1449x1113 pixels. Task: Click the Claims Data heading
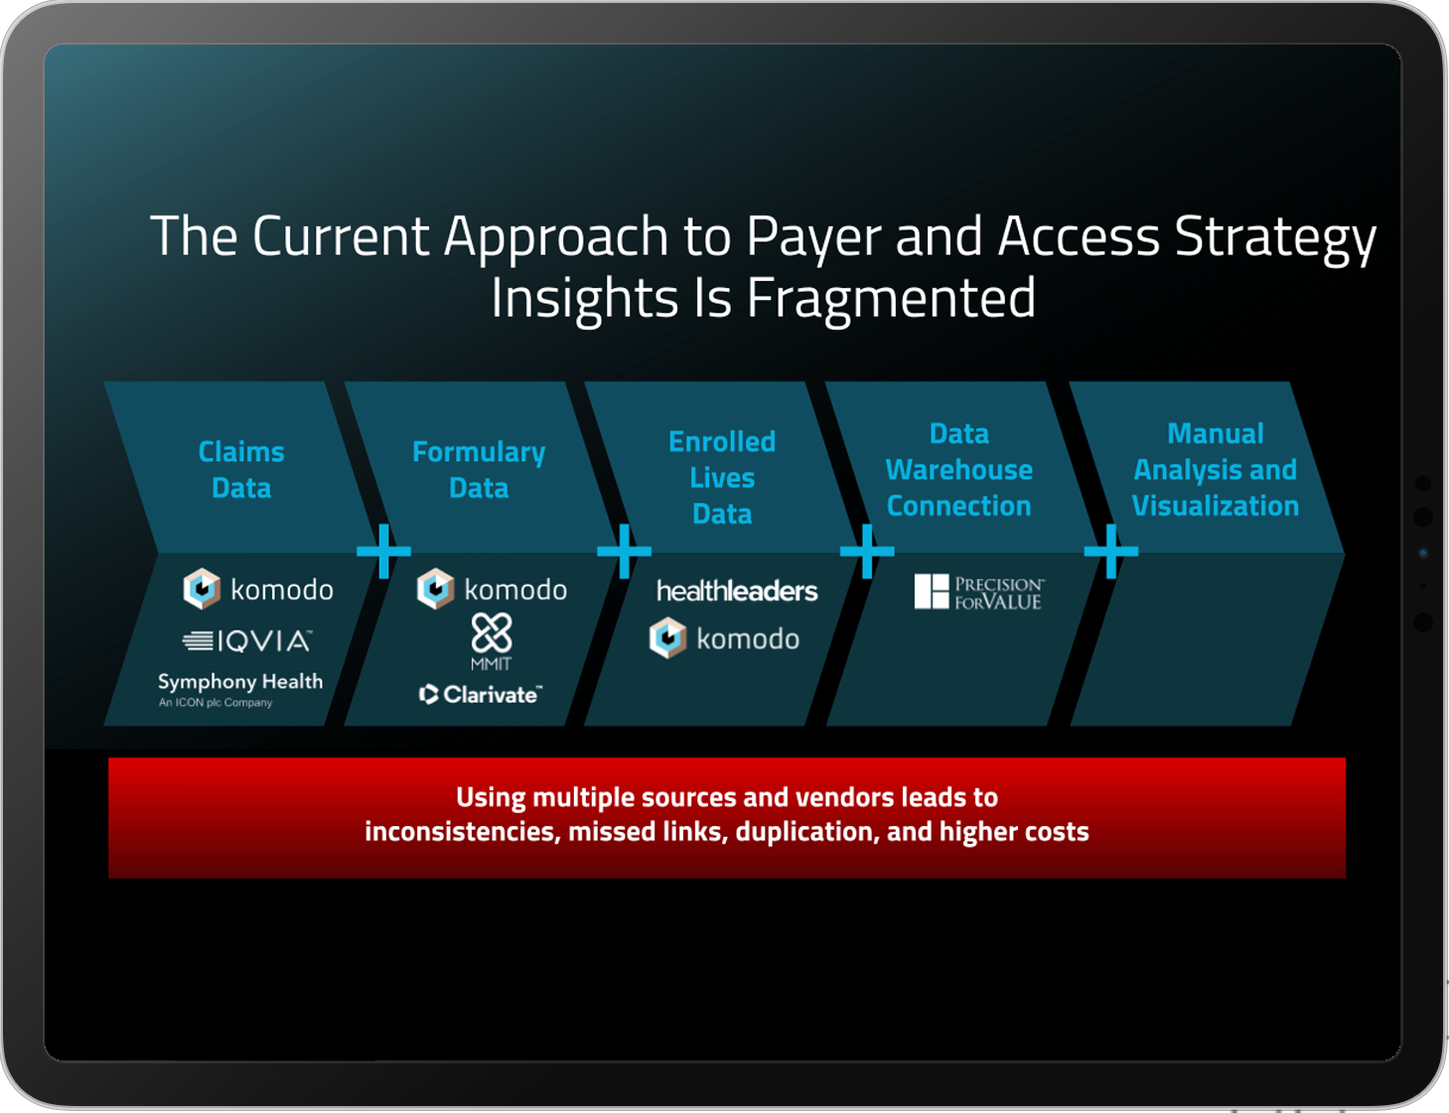coord(241,470)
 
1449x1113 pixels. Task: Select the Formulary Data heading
coord(479,470)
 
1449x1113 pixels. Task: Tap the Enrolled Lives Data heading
coord(722,478)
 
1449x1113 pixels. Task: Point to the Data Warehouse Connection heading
coord(958,470)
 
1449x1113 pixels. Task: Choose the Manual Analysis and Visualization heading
coord(1215,470)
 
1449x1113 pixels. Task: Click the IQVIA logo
coord(247,641)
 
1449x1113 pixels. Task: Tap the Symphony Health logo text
coord(240,682)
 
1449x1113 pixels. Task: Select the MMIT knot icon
coord(492,632)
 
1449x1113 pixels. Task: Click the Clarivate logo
coord(481,694)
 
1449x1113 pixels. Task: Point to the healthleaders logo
coord(737,592)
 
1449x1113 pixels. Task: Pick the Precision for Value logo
coord(978,592)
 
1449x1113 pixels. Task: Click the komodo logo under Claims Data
coord(258,590)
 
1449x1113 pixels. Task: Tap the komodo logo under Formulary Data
coord(492,590)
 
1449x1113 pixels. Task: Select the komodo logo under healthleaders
coord(724,638)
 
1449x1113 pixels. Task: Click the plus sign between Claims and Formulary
coord(383,551)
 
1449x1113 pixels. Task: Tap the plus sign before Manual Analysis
coord(1110,551)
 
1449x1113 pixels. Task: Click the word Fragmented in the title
coord(891,298)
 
